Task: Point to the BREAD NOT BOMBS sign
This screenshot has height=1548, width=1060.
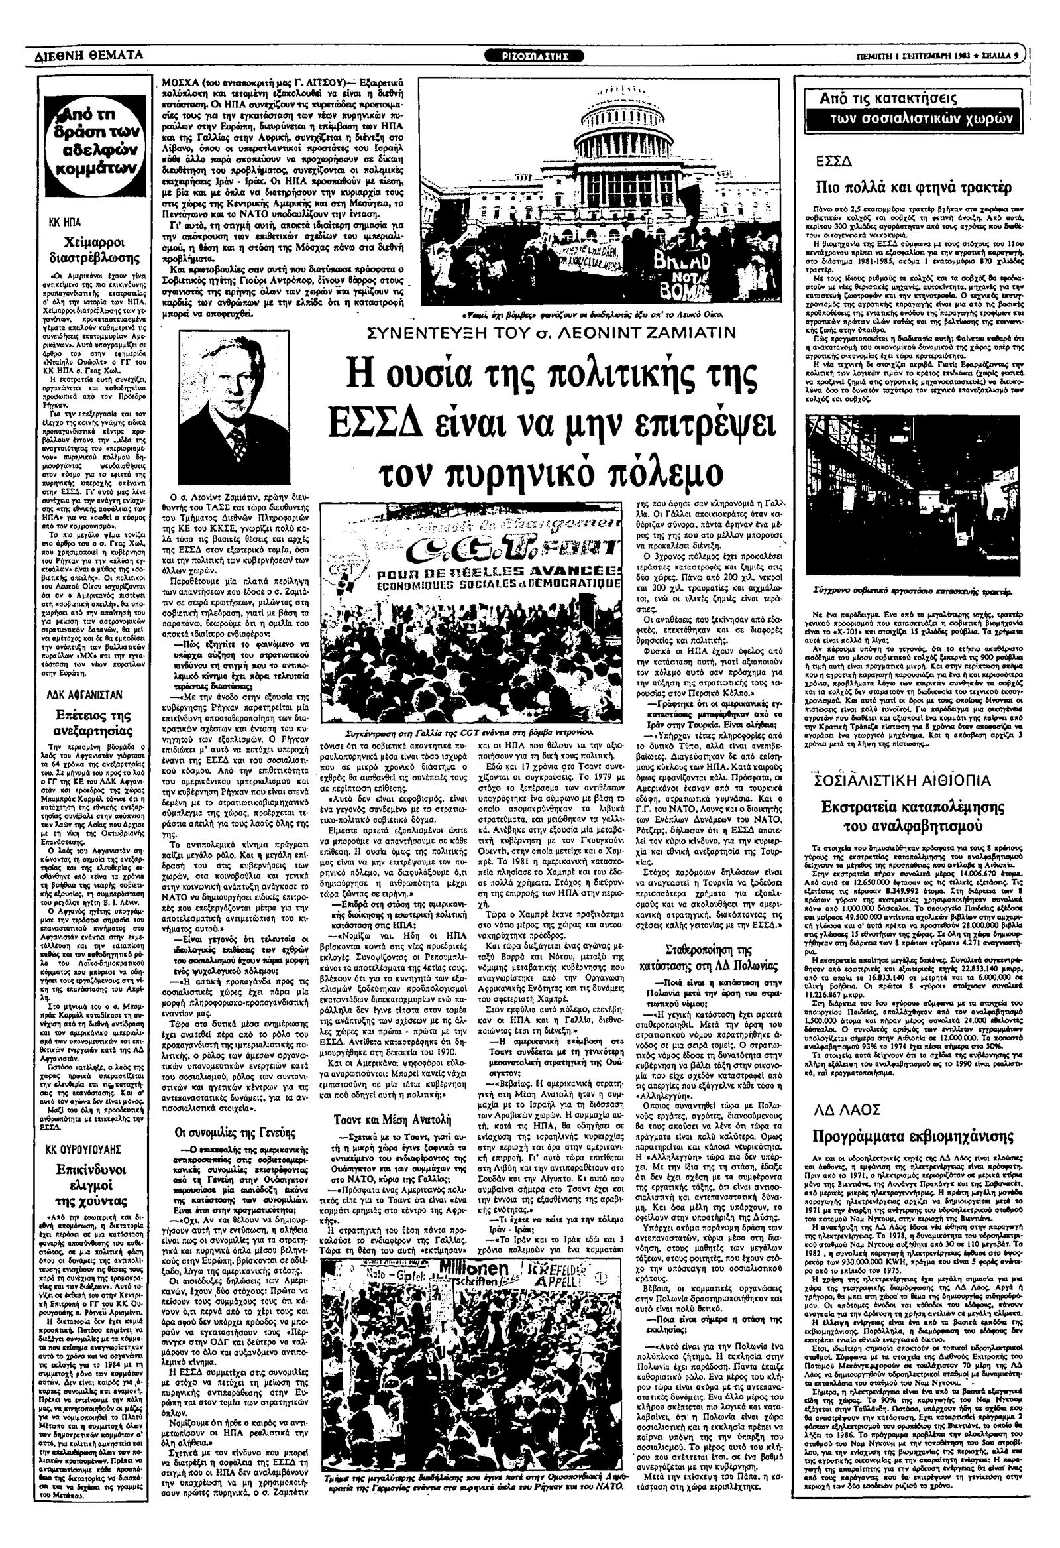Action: tap(692, 273)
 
